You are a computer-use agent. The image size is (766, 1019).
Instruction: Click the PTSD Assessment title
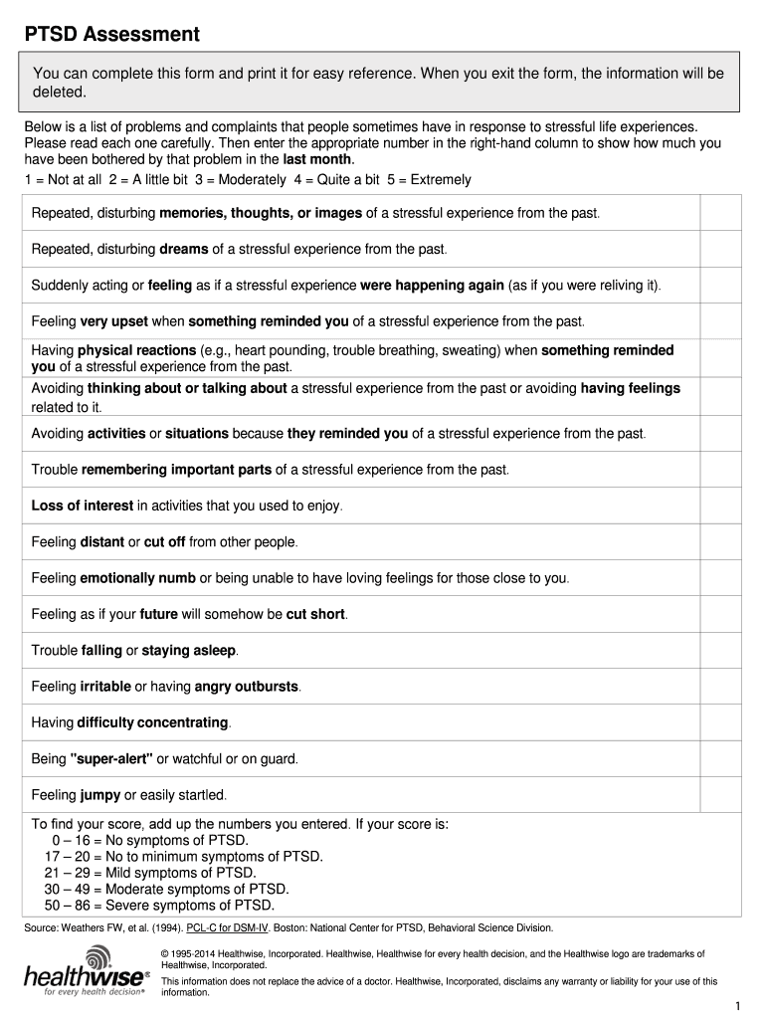111,35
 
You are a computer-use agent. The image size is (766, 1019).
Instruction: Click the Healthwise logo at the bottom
86,972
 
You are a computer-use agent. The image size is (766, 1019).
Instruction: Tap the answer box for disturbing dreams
720,249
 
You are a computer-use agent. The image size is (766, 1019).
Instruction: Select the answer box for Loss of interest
720,506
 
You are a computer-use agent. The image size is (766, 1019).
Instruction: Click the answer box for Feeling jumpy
720,794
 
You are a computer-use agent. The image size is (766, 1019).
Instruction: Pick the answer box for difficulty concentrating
720,721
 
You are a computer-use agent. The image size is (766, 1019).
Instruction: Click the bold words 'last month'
317,159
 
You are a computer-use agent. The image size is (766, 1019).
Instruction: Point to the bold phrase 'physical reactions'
136,350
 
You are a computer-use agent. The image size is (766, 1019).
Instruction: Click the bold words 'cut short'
315,614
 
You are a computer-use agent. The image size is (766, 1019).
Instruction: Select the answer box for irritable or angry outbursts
720,687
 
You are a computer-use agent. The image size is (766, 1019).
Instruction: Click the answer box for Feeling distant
720,542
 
